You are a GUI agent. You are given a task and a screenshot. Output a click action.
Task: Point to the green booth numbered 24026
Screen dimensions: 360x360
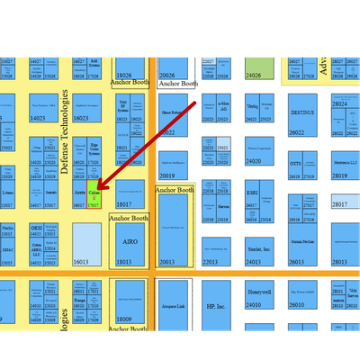click(x=259, y=67)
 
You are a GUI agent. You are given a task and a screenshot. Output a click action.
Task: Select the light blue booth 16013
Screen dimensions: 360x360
click(x=86, y=245)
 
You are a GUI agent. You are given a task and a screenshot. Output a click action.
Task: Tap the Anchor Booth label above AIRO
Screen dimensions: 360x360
click(x=127, y=218)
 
